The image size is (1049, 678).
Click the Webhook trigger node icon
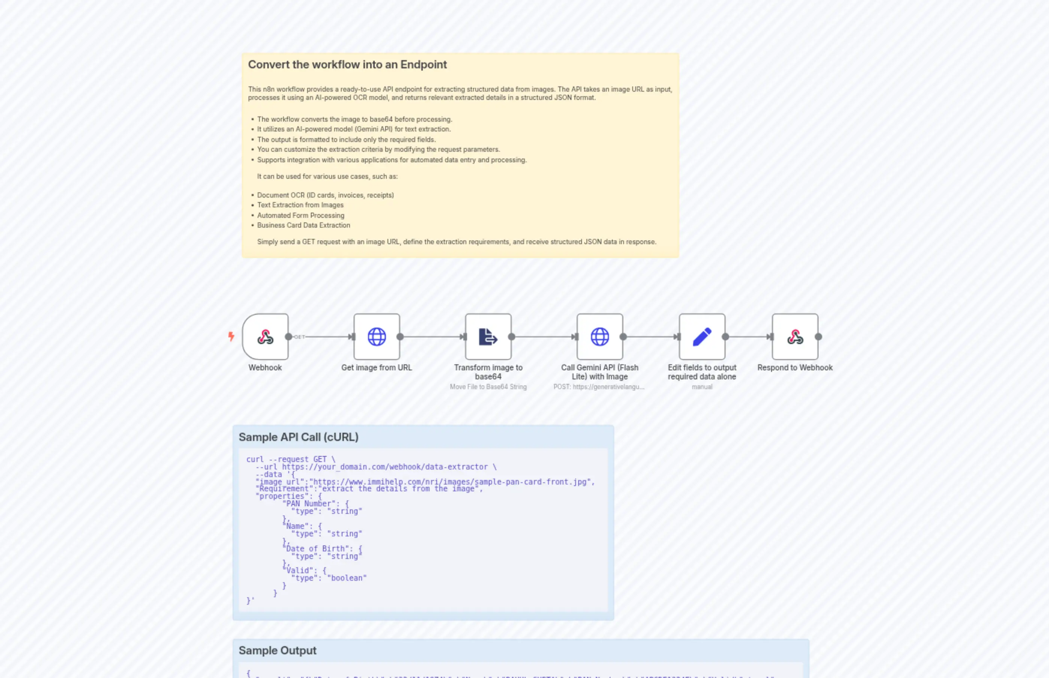[x=265, y=337]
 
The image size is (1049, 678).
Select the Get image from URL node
[x=377, y=337]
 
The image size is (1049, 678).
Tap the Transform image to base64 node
[x=488, y=337]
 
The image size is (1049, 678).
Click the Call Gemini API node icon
[x=600, y=337]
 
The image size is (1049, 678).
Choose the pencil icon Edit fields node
[x=702, y=337]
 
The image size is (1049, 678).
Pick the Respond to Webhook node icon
[x=795, y=337]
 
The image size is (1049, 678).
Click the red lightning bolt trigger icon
[x=231, y=337]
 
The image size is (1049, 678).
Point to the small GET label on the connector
[x=300, y=337]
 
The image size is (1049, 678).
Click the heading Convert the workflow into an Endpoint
[x=347, y=65]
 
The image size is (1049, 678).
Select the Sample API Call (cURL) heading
[x=298, y=437]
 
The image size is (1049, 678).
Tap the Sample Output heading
[x=277, y=650]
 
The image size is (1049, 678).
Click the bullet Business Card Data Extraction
[x=304, y=225]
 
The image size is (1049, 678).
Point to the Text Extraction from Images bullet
[x=300, y=205]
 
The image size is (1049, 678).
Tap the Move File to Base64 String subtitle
[x=488, y=387]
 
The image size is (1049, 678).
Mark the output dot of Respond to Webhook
[x=818, y=337]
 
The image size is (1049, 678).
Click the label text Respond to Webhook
[x=795, y=368]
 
